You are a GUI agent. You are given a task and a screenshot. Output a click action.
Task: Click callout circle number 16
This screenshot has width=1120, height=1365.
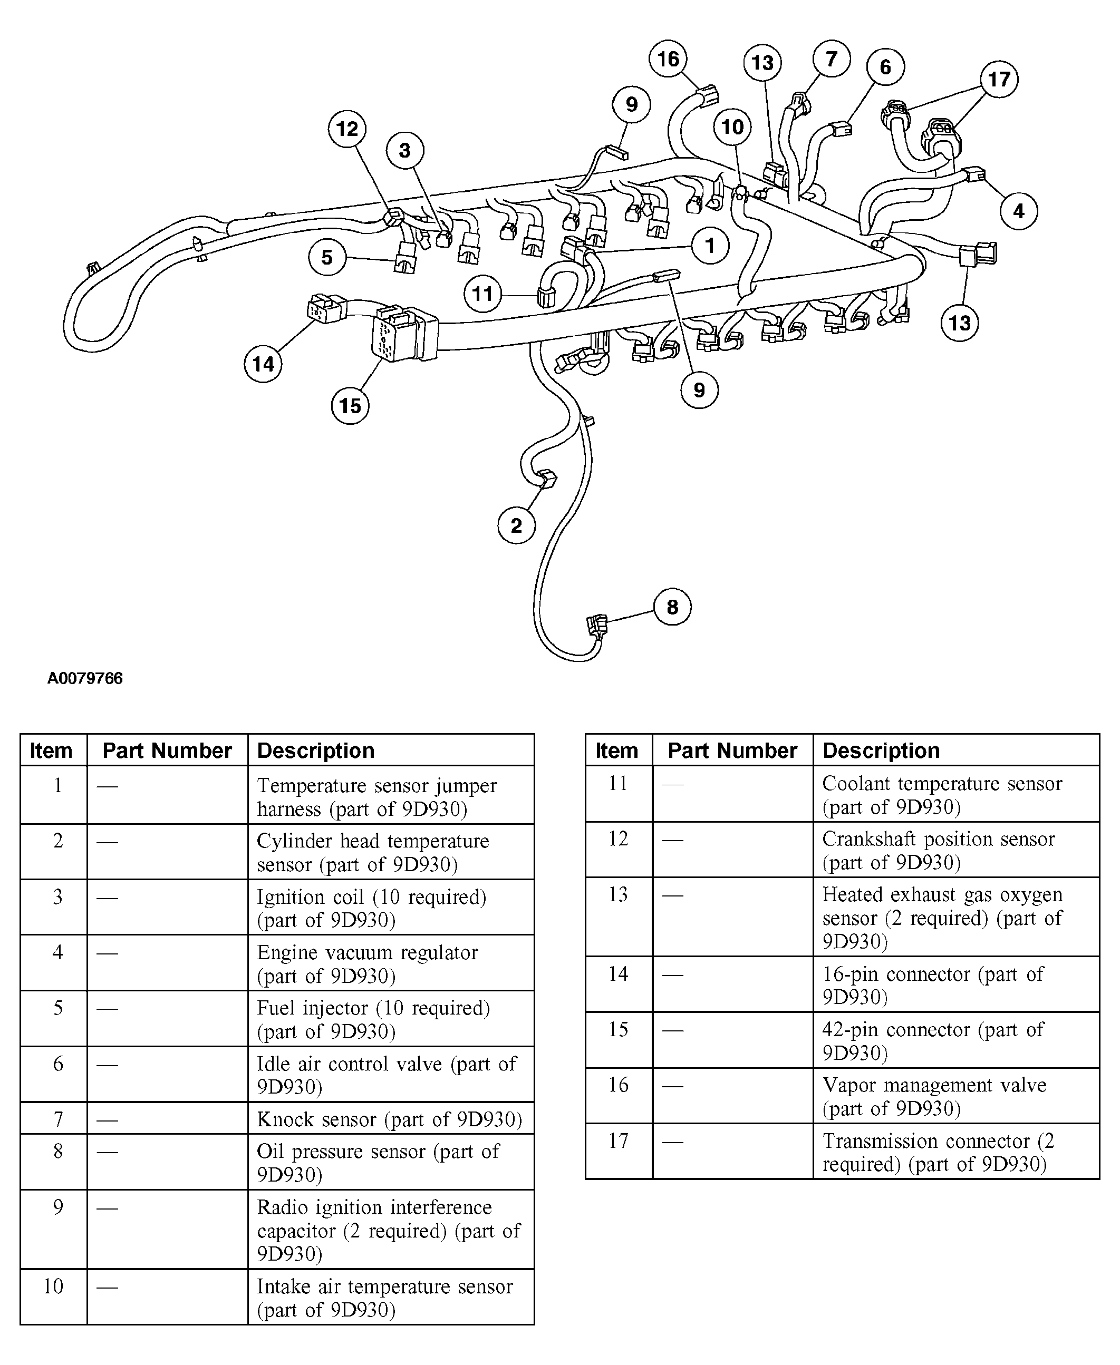(x=668, y=58)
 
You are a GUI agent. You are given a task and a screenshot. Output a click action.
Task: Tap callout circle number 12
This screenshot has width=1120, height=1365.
(x=347, y=129)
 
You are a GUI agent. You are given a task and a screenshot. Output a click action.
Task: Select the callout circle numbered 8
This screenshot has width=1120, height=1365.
(x=672, y=607)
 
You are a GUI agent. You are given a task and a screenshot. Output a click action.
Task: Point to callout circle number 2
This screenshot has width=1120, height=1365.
(x=516, y=525)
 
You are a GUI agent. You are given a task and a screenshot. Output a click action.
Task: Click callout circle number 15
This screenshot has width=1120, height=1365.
(x=350, y=406)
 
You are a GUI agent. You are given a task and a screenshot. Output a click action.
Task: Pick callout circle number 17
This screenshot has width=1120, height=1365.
(x=999, y=79)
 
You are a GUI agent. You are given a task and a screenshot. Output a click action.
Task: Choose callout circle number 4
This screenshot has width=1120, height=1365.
(x=1019, y=211)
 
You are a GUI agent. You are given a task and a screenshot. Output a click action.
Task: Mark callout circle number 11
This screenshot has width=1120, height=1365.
(x=482, y=294)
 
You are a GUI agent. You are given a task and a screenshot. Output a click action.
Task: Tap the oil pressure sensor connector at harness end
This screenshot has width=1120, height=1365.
(x=597, y=625)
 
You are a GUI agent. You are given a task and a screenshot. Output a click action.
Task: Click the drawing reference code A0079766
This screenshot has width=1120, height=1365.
(x=85, y=678)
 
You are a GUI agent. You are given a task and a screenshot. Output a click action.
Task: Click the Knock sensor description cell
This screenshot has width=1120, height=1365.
(x=390, y=1119)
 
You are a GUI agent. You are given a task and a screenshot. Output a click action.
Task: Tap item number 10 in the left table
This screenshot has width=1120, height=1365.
(x=54, y=1286)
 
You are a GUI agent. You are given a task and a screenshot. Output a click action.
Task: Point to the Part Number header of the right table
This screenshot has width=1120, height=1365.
(x=732, y=750)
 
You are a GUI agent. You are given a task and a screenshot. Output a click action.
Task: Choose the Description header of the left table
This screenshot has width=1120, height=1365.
(x=316, y=750)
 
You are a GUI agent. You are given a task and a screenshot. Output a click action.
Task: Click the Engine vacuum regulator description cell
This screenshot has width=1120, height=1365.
(x=390, y=963)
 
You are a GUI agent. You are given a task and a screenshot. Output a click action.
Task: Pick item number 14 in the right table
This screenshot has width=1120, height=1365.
(x=618, y=973)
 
